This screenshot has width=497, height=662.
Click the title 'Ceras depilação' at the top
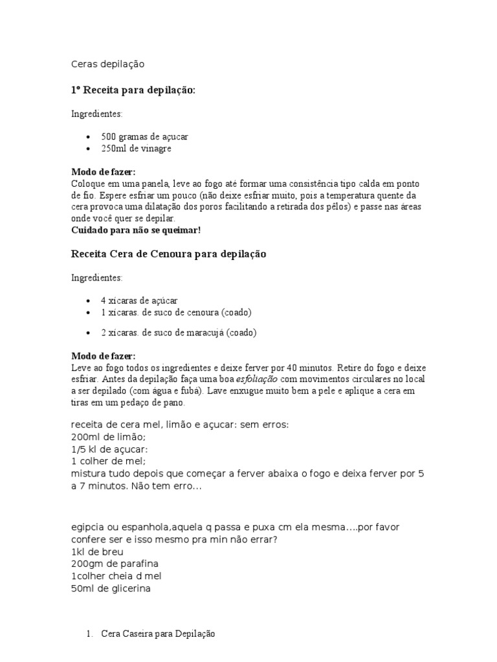107,64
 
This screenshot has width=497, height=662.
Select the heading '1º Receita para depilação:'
133,90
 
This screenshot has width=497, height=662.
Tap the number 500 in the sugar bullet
108,137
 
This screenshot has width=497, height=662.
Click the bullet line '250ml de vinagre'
136,149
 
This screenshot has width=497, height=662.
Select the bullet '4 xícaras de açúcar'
139,301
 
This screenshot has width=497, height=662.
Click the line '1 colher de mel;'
108,462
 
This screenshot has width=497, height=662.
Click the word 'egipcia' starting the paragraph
87,528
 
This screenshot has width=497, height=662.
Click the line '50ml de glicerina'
110,588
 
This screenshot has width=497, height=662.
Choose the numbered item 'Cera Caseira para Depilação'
158,634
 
